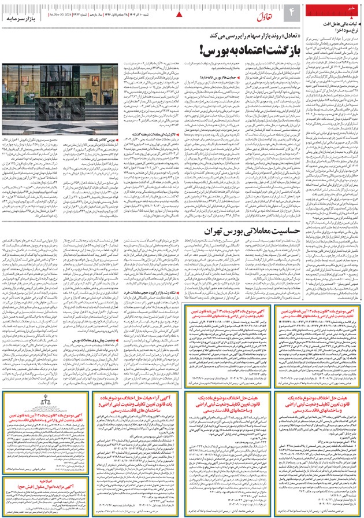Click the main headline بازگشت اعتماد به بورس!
tap(247, 48)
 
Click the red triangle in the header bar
tap(179, 13)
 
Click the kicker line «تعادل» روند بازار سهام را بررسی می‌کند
tap(243, 35)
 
